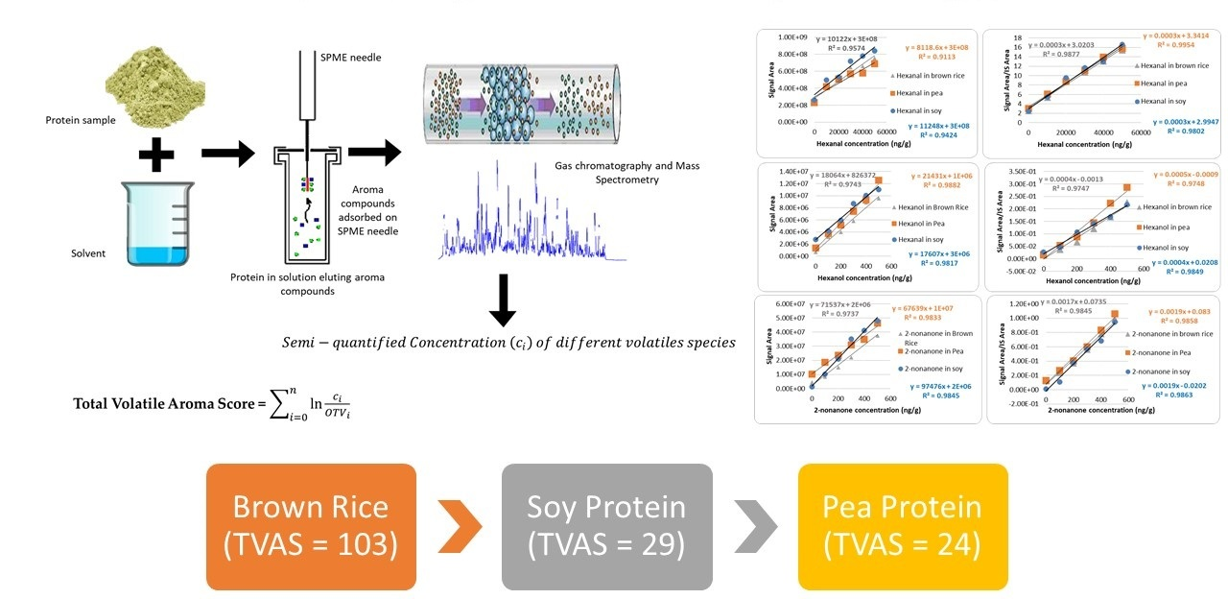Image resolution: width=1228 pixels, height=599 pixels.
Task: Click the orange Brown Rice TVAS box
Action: click(311, 526)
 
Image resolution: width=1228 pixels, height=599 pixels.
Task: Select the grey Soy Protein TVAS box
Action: click(606, 526)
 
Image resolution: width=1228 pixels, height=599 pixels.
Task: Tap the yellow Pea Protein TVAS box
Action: click(903, 526)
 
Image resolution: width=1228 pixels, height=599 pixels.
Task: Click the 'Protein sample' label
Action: click(81, 120)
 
